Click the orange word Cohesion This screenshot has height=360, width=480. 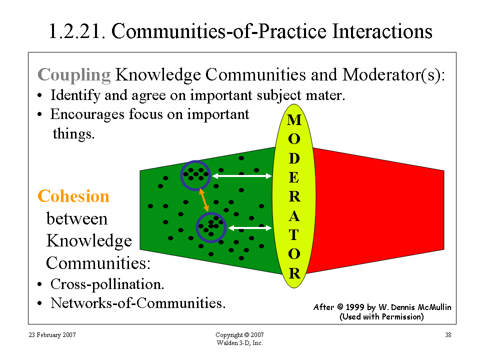tap(73, 196)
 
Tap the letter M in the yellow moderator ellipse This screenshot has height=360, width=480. tap(294, 119)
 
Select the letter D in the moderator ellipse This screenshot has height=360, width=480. tap(294, 158)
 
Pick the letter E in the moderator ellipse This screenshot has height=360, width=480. tap(294, 177)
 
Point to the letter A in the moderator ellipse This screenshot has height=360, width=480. tap(294, 216)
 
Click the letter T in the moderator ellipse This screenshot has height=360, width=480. tap(294, 235)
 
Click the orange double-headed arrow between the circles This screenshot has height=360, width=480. tap(204, 200)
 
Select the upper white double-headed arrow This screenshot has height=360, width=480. tap(242, 176)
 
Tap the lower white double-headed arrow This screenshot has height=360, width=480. tap(250, 228)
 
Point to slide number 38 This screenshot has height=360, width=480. tap(448, 335)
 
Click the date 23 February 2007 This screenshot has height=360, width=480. tap(52, 335)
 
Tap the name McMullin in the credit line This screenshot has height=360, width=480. tap(434, 307)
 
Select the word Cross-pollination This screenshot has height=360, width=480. tap(107, 284)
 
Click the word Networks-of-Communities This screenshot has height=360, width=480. tap(138, 303)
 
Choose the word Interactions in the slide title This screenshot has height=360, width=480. tap(382, 31)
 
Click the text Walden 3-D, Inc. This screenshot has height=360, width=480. tap(239, 343)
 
